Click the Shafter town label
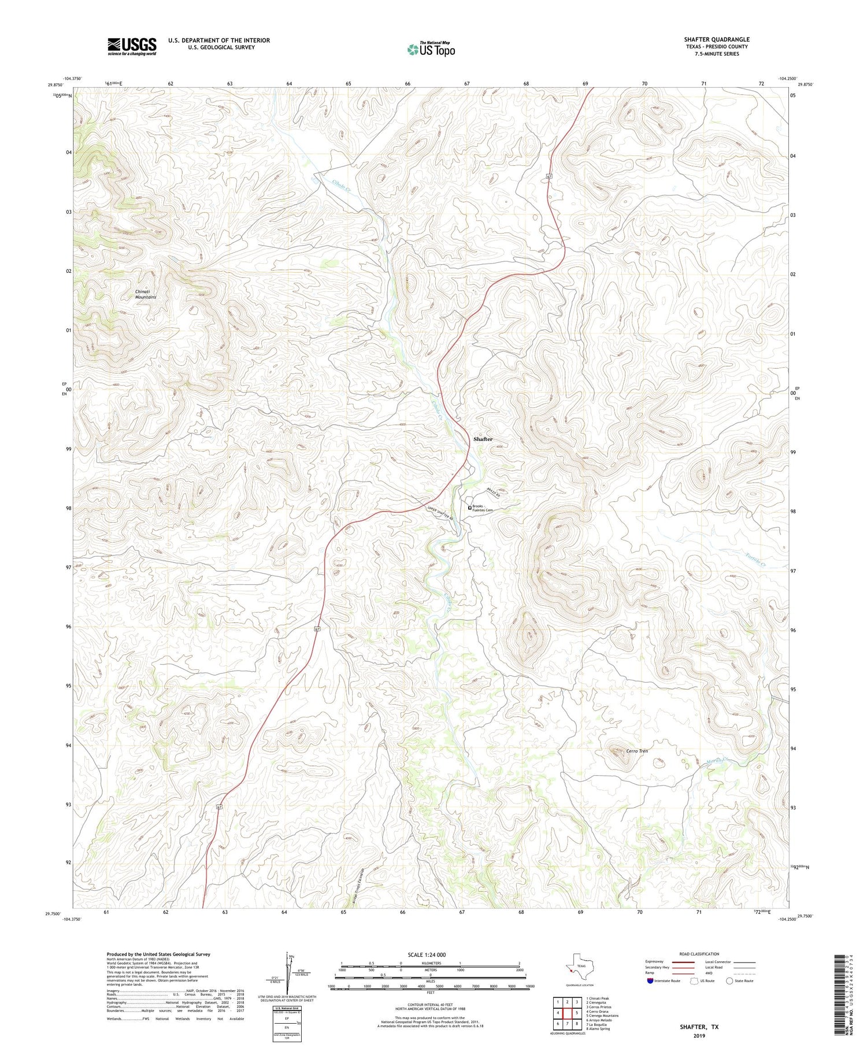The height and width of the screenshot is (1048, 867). tap(483, 439)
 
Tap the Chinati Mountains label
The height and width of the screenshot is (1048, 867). tap(146, 294)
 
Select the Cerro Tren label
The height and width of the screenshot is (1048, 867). tap(636, 751)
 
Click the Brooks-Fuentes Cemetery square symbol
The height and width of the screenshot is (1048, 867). tap(469, 508)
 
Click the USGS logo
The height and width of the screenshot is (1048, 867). tap(132, 46)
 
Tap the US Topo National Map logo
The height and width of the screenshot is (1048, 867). tap(431, 49)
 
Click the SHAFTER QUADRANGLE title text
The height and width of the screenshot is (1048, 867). tap(716, 39)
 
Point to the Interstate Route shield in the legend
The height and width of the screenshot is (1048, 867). tap(651, 981)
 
